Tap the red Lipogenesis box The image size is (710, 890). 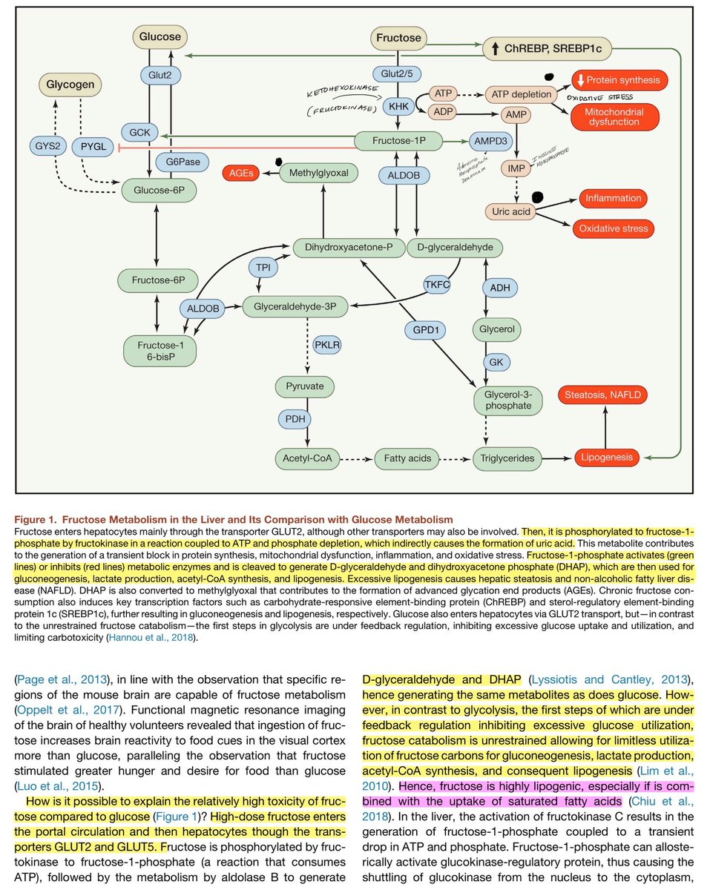[606, 458]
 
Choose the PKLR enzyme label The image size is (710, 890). [328, 345]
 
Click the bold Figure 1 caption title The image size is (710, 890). [234, 518]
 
